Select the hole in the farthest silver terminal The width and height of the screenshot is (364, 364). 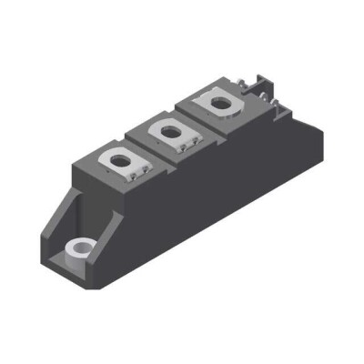tap(219, 103)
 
